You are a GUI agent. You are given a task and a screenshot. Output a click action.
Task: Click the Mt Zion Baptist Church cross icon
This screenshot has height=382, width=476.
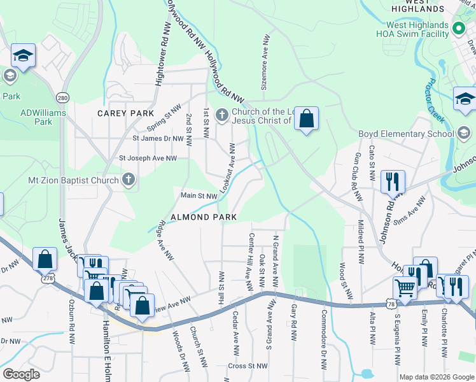point(129,180)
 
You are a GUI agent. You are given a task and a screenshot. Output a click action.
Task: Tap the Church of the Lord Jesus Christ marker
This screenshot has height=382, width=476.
point(221,115)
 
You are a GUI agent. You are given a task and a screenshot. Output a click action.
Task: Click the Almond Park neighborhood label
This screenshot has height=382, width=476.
point(203,217)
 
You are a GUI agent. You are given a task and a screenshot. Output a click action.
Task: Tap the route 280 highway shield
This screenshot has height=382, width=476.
point(62,98)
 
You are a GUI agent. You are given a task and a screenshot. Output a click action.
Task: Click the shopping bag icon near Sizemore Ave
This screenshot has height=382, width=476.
point(307,118)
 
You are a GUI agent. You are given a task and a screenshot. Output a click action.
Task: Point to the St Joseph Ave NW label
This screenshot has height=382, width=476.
point(153,158)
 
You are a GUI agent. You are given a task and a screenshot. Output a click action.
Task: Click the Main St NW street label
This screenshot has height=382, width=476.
point(199,196)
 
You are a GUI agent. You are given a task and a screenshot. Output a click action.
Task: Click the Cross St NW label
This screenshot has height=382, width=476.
point(248,366)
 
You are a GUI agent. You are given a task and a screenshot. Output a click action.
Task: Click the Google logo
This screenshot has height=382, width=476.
point(21,374)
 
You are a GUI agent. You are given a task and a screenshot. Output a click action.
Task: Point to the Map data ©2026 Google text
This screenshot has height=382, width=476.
point(436,377)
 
